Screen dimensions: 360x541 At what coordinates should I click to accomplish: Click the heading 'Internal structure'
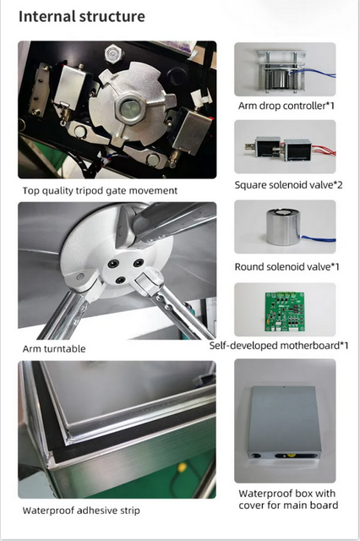[x=82, y=17]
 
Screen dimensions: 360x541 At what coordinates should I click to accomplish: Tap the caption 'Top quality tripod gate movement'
[x=100, y=191]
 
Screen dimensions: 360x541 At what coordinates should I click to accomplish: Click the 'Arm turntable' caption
[x=54, y=349]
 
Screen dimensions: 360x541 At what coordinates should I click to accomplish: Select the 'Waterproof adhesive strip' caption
[x=81, y=511]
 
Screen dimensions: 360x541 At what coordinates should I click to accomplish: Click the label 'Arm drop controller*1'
[x=286, y=106]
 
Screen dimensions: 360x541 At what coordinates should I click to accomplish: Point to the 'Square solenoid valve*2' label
[x=289, y=185]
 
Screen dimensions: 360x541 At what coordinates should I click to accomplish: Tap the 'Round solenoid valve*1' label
[x=286, y=267]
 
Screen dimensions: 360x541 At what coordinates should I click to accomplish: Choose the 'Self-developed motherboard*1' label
[x=279, y=346]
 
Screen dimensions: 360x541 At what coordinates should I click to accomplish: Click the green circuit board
[x=285, y=312]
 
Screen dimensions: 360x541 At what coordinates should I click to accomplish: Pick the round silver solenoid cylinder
[x=283, y=227]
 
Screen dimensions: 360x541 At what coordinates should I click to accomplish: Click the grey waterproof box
[x=285, y=422]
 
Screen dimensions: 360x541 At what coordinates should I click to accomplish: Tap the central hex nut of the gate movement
[x=128, y=107]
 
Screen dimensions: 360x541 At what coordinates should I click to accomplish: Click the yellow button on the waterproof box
[x=292, y=456]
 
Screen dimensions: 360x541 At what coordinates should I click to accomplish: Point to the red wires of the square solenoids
[x=324, y=150]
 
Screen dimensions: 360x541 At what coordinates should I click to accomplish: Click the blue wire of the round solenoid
[x=318, y=238]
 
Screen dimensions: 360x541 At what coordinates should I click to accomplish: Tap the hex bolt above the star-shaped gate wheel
[x=114, y=54]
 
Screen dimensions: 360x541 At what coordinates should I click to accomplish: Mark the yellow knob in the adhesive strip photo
[x=182, y=467]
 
